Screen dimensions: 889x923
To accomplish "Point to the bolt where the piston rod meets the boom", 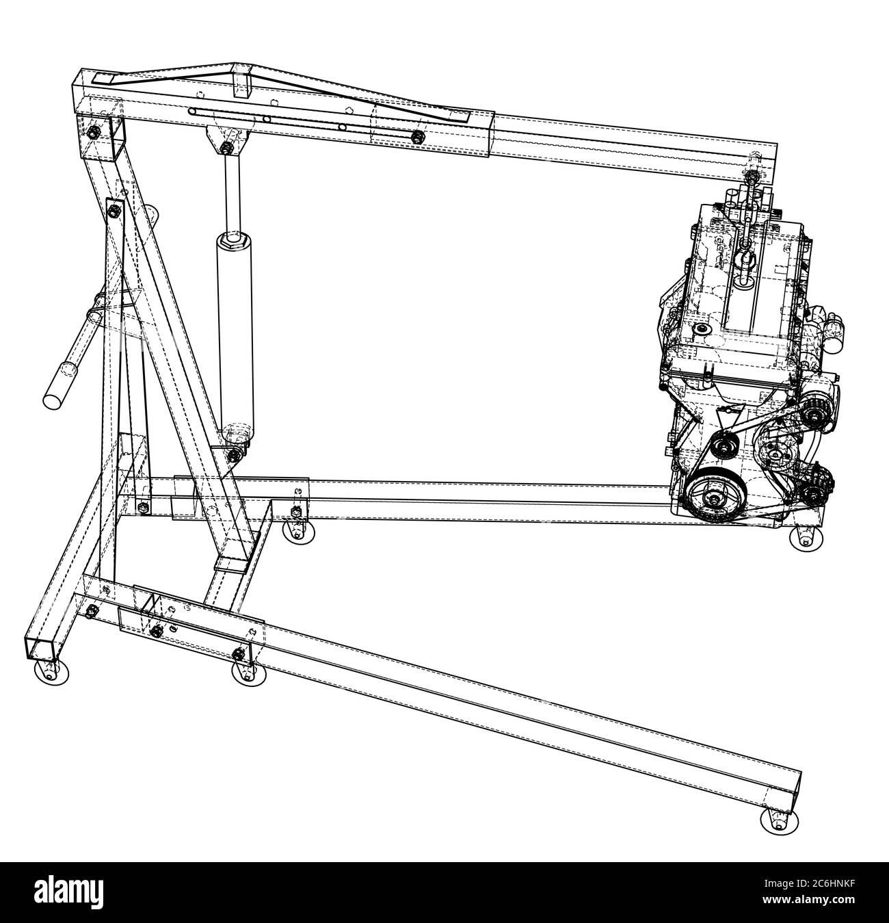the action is tap(226, 146).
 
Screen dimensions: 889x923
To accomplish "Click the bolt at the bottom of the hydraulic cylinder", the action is tap(235, 452).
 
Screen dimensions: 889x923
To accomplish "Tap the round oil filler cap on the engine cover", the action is tap(700, 330).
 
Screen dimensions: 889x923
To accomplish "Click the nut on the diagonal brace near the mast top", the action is tap(114, 210).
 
